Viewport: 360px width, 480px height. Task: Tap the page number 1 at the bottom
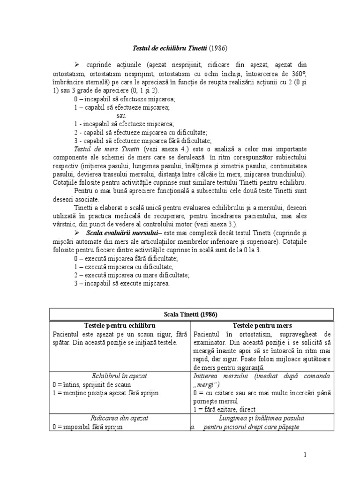331,455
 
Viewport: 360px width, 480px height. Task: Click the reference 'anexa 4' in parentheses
172,149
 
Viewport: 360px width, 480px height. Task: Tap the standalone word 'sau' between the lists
121,115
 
